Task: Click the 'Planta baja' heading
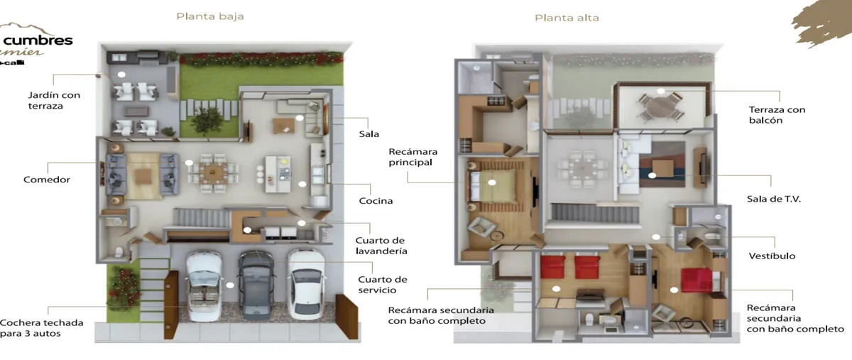tap(210, 16)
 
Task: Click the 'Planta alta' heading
tap(567, 17)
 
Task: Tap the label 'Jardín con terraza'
tap(54, 100)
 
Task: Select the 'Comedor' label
tap(47, 180)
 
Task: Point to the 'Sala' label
tap(369, 133)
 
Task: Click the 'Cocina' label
tap(376, 200)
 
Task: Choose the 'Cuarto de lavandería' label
tap(381, 246)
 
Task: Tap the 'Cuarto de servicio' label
tap(383, 284)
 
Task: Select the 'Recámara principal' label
tap(413, 157)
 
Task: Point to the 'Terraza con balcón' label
tap(777, 115)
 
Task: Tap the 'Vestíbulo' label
tap(772, 256)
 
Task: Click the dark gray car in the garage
tap(256, 284)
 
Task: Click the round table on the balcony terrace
tap(661, 107)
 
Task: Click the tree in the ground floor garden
tap(206, 121)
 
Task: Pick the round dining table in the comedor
tap(212, 171)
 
